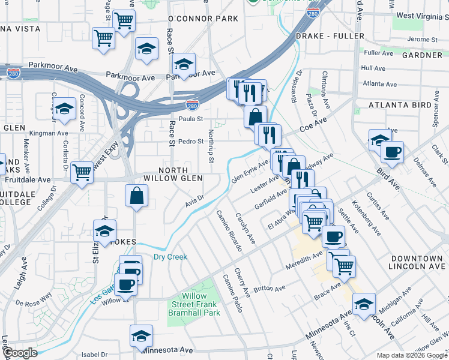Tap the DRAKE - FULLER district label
point(330,37)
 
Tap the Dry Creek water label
point(170,257)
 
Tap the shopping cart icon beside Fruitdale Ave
point(82,173)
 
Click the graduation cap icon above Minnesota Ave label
point(141,335)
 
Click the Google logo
point(20,353)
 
